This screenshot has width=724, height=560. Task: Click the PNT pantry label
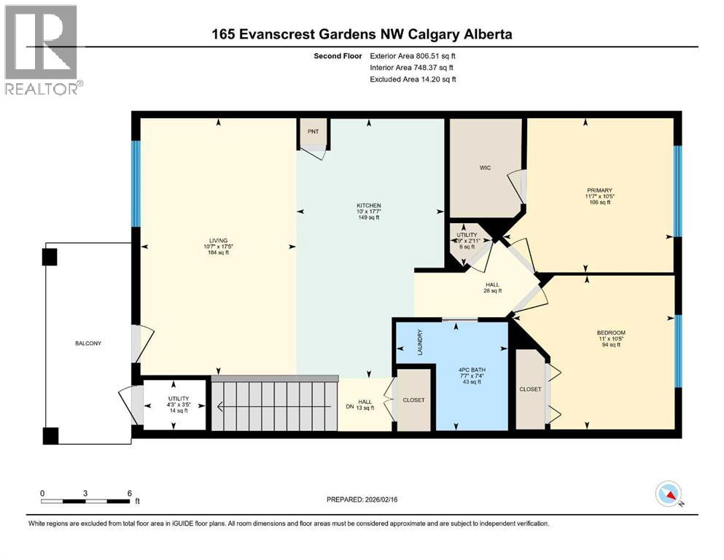(x=314, y=131)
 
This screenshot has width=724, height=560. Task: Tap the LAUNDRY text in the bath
(x=420, y=343)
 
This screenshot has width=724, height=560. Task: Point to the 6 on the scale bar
(x=129, y=493)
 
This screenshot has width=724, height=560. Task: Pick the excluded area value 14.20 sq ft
(x=429, y=79)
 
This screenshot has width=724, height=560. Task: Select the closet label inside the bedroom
(x=531, y=389)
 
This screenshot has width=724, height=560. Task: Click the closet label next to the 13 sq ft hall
(x=413, y=400)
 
